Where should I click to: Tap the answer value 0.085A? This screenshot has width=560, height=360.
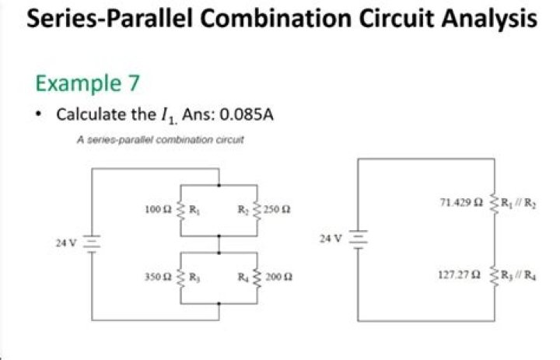247,115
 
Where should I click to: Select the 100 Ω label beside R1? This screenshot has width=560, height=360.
158,209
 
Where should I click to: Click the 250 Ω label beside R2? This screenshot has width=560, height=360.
278,210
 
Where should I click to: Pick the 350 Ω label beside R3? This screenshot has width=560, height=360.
158,276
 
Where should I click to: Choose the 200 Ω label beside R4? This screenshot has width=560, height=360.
278,276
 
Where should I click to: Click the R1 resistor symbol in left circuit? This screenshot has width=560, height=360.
181,209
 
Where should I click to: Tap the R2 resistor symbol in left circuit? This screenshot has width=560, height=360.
257,209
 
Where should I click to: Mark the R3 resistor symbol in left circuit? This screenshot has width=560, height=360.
181,276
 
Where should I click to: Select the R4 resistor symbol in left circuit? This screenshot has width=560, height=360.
257,276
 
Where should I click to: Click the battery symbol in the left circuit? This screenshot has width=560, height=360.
93,243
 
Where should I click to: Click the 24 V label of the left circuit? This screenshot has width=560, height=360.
66,243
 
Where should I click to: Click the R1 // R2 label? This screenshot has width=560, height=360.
515,203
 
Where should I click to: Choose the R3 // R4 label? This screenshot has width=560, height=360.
515,274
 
